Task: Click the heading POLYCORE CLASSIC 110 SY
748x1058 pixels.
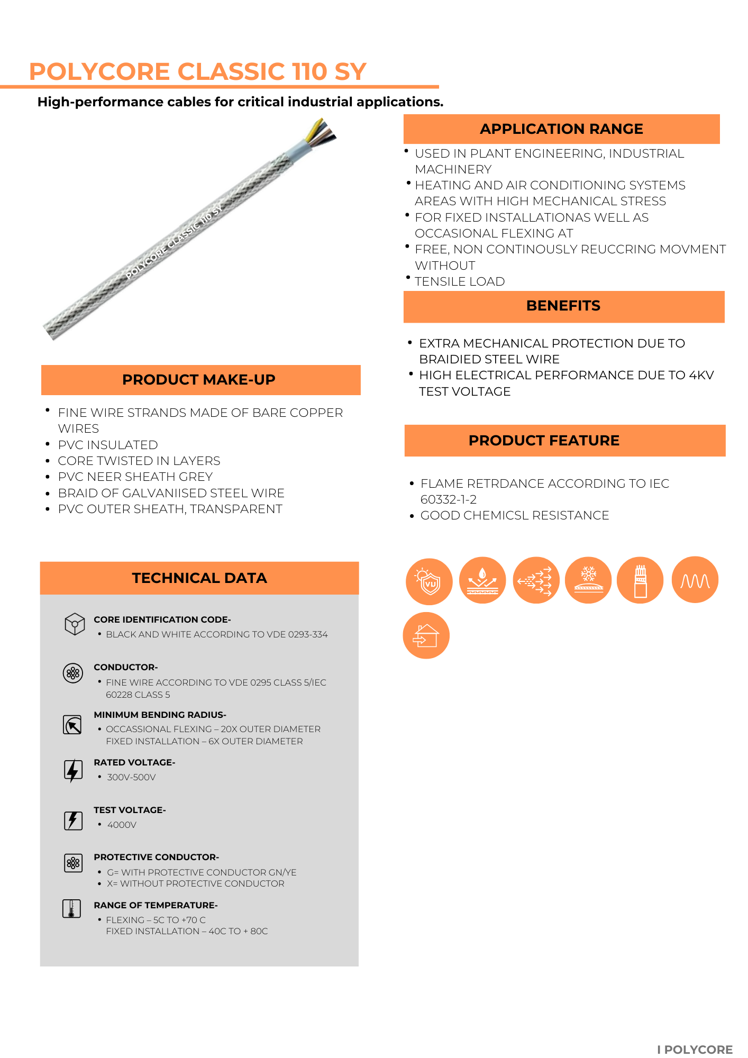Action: pos(197,71)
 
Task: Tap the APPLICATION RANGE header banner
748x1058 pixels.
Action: pos(561,129)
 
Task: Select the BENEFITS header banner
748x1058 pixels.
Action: pos(563,306)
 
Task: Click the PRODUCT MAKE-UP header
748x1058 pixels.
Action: pos(199,380)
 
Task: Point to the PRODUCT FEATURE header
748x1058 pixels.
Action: pos(544,441)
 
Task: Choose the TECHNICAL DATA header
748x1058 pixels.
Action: pos(199,578)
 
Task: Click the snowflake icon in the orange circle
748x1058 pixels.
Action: pos(588,580)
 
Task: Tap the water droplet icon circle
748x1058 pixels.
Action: pos(482,580)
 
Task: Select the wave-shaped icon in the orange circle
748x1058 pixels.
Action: pos(695,580)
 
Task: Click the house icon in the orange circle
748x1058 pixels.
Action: pos(426,635)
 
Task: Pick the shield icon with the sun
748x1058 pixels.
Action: pos(429,581)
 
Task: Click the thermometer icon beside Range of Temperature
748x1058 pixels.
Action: pos(71,909)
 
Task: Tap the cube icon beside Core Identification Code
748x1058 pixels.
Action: pos(75,624)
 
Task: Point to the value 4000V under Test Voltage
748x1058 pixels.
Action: pos(122,825)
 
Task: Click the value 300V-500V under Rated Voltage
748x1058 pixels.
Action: pos(131,778)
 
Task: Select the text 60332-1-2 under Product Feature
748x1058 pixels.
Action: pos(448,500)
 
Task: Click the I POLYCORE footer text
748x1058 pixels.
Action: pos(695,1050)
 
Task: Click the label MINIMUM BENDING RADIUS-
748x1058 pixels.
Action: pos(160,715)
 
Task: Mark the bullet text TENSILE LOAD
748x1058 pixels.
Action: pos(460,282)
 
